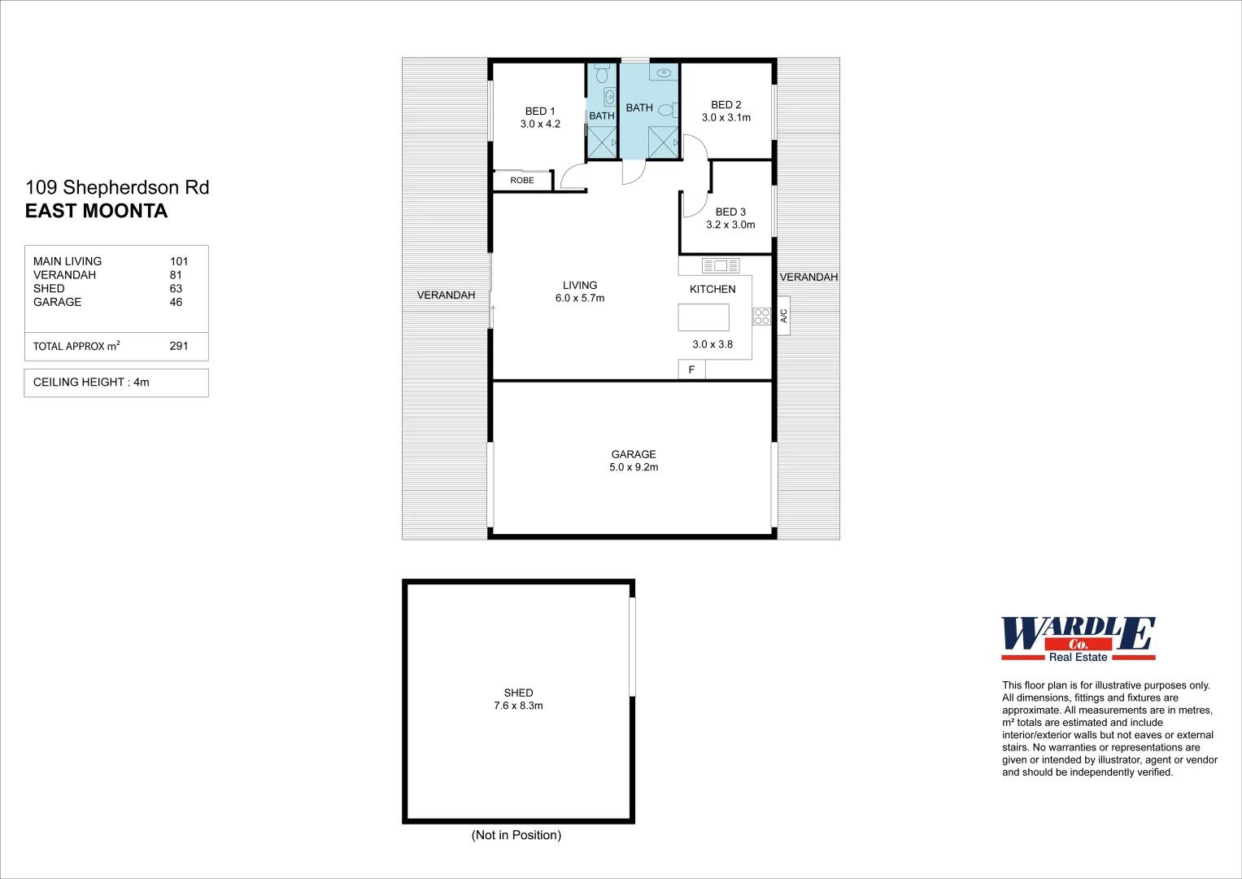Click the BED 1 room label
(540, 112)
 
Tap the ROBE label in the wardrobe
(522, 181)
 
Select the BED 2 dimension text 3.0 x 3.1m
(726, 118)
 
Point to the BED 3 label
(730, 212)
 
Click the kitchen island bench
(704, 317)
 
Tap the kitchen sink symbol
(720, 265)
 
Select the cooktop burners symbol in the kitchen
(762, 317)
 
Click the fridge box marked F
(691, 370)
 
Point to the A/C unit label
(784, 316)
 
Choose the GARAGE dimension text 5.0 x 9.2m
(634, 467)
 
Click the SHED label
(518, 693)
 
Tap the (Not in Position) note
(516, 835)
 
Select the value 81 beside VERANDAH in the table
(176, 275)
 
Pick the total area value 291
(179, 346)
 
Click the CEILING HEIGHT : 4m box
(116, 383)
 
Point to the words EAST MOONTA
(96, 211)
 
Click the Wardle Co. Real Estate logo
(1078, 639)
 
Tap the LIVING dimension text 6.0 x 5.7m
(580, 299)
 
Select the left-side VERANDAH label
(446, 295)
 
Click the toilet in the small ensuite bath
(602, 76)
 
